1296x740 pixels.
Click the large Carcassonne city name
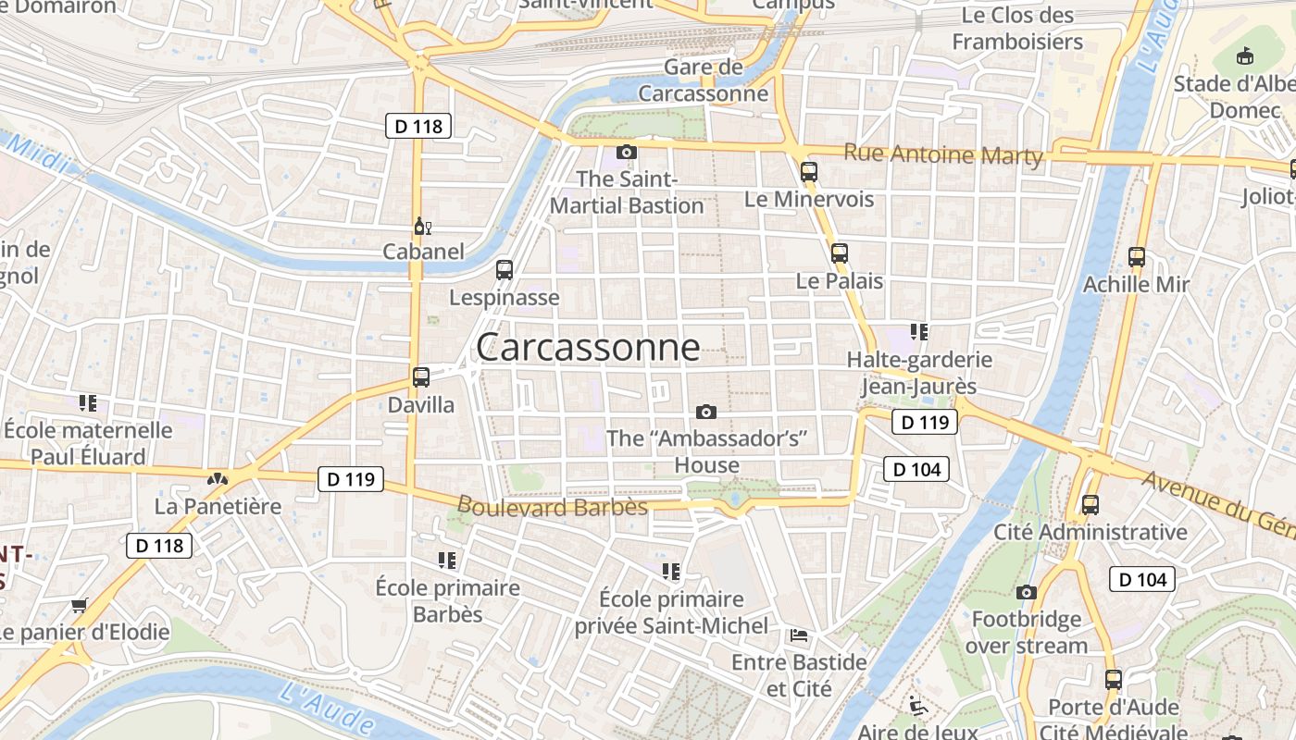[x=588, y=347]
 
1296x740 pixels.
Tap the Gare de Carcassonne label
[x=704, y=80]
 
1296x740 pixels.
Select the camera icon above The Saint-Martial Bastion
[x=627, y=152]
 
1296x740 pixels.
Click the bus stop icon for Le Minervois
[x=809, y=171]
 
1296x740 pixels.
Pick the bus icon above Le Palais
[x=840, y=253]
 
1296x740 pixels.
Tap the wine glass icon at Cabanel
[x=422, y=226]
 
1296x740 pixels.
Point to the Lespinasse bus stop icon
[x=505, y=270]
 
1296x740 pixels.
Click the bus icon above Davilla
[x=421, y=377]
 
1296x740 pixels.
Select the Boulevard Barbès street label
[x=553, y=506]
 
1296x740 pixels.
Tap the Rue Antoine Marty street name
[x=943, y=154]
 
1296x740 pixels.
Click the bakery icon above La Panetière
[x=218, y=479]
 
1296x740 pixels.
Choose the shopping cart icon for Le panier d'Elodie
[x=79, y=606]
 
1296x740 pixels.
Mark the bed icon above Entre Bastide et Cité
[x=799, y=635]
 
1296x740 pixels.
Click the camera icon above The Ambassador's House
[x=706, y=412]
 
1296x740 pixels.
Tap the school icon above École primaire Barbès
[x=447, y=561]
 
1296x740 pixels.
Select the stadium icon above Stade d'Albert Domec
[x=1245, y=56]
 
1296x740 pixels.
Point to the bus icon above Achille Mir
[x=1137, y=257]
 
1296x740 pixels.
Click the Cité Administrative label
[x=1090, y=532]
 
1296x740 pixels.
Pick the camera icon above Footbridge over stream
[x=1026, y=592]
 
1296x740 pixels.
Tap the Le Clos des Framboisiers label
[x=1017, y=29]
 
